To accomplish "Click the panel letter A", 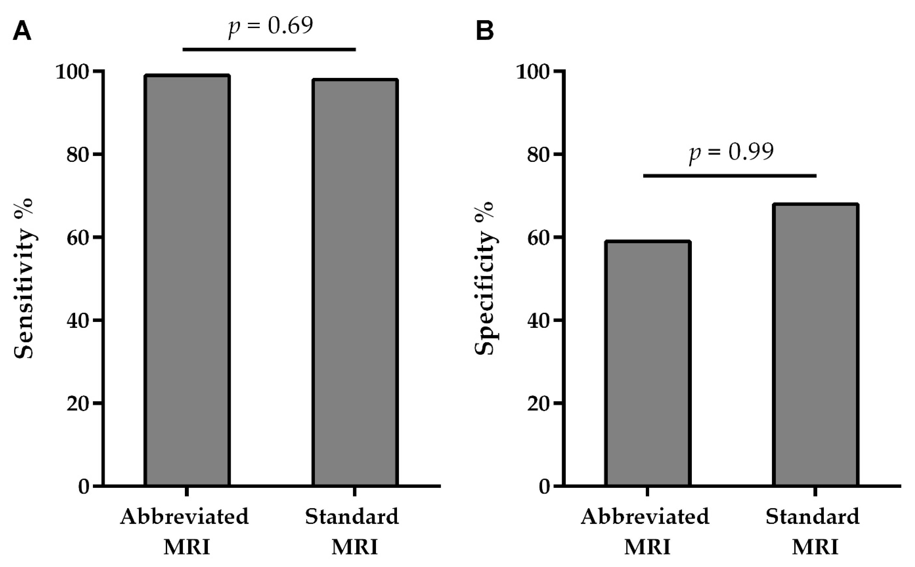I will click(22, 31).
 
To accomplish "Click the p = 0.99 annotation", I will click(731, 152).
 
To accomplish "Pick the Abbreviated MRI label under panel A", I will click(185, 531).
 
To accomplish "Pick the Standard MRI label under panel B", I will click(813, 531).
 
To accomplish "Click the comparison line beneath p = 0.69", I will click(269, 49).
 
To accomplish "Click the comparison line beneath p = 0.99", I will click(730, 176).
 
